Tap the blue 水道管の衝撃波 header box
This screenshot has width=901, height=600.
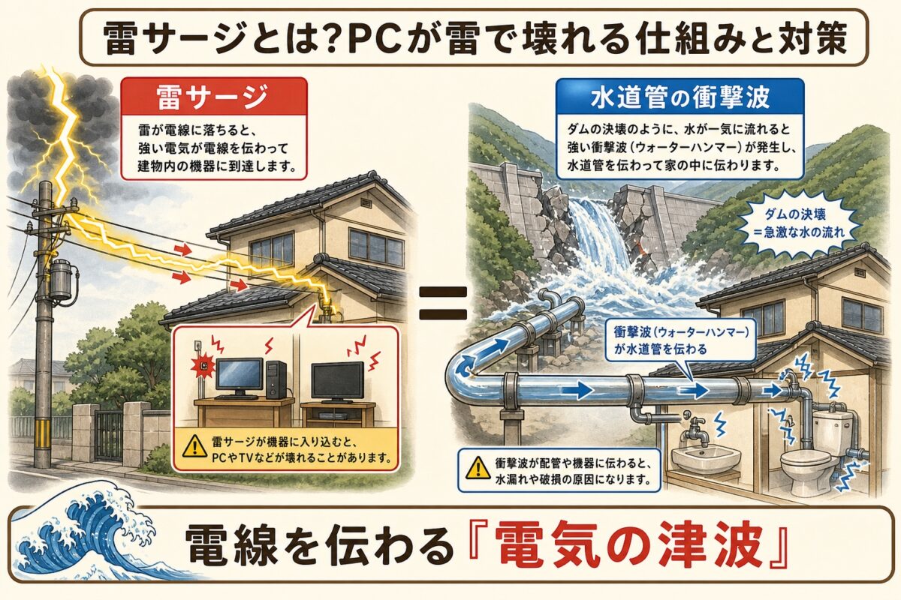[x=680, y=97]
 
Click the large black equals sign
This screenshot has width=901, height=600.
[x=443, y=303]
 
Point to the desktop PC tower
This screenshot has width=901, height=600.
[x=276, y=378]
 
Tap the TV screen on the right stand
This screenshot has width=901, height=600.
[x=338, y=379]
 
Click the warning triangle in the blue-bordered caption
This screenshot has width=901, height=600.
[x=478, y=467]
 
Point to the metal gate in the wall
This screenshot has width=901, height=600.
[x=109, y=435]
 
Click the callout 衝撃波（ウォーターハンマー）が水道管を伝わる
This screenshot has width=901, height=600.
[x=681, y=340]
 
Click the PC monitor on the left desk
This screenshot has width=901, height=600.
[x=240, y=376]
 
